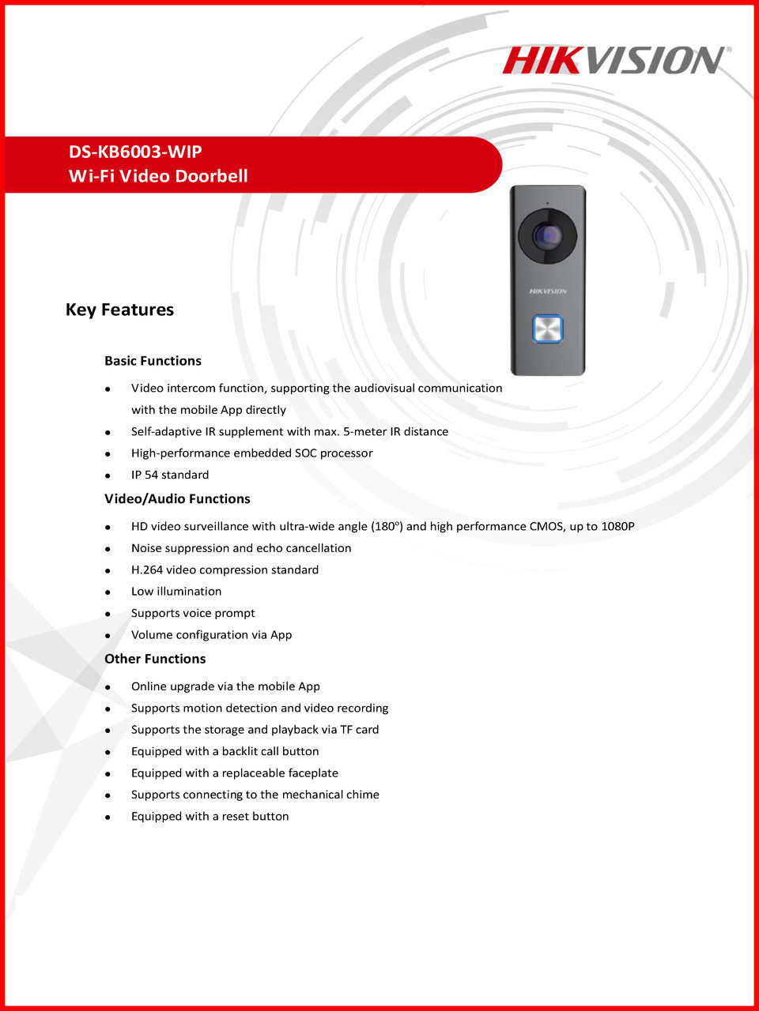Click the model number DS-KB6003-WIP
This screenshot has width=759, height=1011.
pos(135,152)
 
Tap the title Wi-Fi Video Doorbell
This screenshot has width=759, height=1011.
pos(158,176)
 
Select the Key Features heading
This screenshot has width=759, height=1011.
pos(119,310)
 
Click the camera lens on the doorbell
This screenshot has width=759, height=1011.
pos(546,235)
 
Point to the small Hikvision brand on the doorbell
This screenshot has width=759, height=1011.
pos(548,291)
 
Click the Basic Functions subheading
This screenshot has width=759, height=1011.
pos(153,361)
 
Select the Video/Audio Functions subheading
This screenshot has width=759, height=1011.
pos(177,499)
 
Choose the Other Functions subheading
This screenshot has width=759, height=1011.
pos(155,659)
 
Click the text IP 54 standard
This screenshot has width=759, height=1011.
pos(170,475)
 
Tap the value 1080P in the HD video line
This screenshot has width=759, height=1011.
pos(617,526)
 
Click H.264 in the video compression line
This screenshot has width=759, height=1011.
pos(147,569)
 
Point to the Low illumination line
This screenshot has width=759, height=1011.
pos(176,592)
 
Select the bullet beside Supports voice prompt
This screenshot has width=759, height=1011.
pos(108,614)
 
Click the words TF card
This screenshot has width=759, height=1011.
pos(360,730)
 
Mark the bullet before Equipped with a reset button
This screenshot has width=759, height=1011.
pos(108,817)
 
